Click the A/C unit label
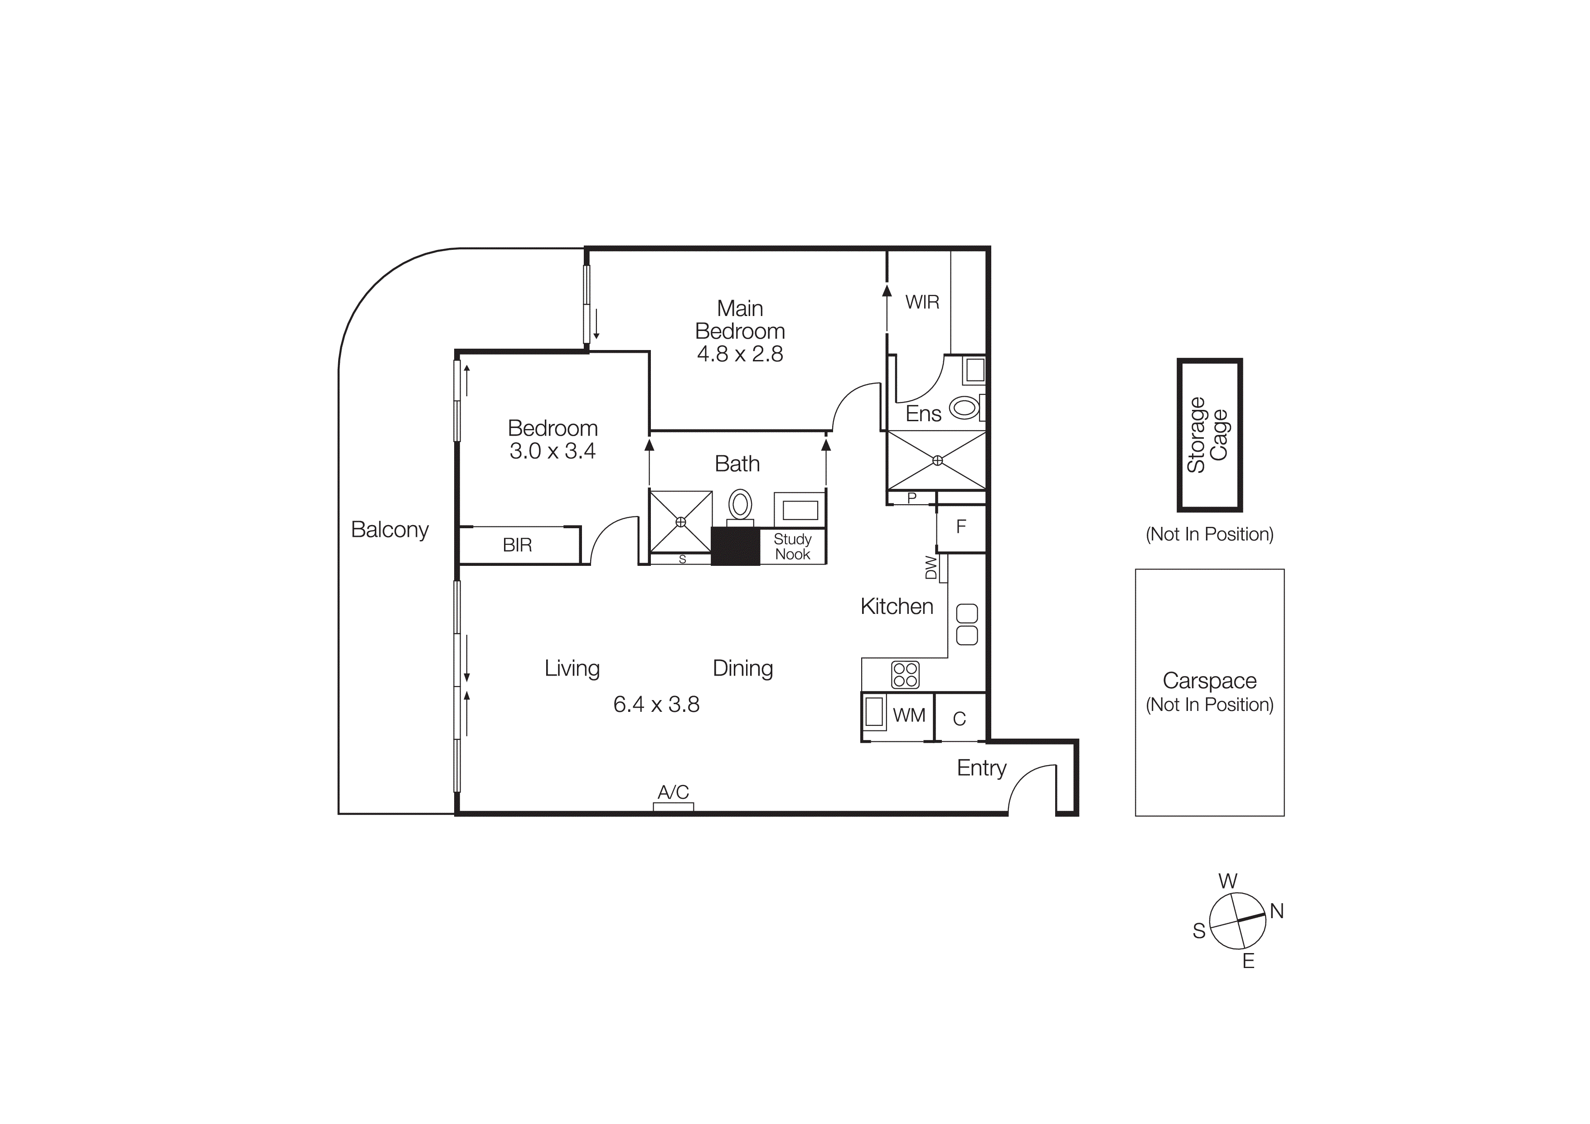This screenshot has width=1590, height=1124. [673, 792]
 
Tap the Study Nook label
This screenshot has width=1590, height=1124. [792, 546]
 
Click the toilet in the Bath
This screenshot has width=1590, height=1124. [740, 504]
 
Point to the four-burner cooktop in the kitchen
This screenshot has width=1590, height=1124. [905, 675]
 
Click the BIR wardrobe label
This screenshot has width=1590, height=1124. [517, 545]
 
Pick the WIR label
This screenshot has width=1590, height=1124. [922, 302]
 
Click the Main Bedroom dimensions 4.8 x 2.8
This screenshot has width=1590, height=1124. [740, 354]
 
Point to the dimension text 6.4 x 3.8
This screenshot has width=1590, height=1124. [656, 704]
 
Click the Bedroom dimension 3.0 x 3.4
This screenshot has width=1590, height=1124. [552, 451]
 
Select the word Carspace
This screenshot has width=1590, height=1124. [1209, 681]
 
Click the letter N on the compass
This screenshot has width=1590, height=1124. [1276, 911]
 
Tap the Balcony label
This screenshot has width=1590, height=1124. [389, 529]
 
